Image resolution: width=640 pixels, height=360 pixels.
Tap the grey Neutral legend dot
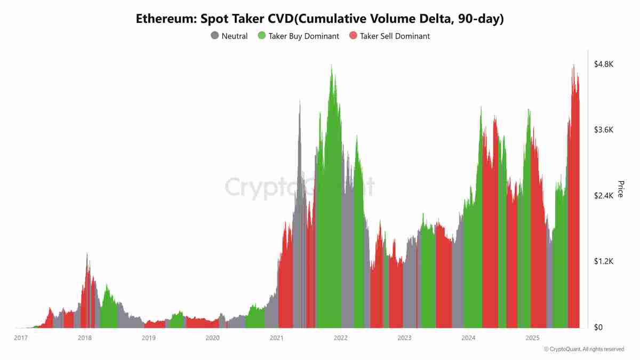pos(215,36)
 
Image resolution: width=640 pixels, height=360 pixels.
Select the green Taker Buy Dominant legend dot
pos(261,36)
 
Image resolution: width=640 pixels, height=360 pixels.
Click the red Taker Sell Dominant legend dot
pos(353,36)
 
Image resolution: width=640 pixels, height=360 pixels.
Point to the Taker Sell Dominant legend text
pos(395,36)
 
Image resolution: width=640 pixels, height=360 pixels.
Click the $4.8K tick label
pos(604,64)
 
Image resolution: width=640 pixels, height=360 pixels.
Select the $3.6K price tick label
pos(604,130)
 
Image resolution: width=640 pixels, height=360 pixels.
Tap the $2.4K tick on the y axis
pos(604,196)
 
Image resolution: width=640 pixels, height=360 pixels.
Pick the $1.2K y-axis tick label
pos(604,262)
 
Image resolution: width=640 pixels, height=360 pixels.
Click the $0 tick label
pos(598,327)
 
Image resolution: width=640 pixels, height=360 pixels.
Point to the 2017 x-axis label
pos(21,338)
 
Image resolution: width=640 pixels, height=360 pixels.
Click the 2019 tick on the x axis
pos(149,338)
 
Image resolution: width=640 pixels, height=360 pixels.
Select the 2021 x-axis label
pos(277,338)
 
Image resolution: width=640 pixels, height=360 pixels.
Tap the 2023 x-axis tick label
pos(405,338)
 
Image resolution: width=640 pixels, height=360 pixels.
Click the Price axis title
pos(620,189)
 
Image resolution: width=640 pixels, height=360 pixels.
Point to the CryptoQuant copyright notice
pos(583,349)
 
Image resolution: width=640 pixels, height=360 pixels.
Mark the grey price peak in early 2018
pos(87,255)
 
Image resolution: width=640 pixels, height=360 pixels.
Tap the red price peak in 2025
pos(573,67)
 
